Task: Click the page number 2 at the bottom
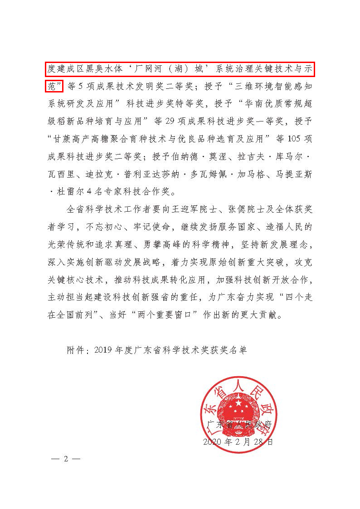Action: (66, 458)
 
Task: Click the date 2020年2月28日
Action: (238, 441)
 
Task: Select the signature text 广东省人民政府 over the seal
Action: (238, 425)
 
